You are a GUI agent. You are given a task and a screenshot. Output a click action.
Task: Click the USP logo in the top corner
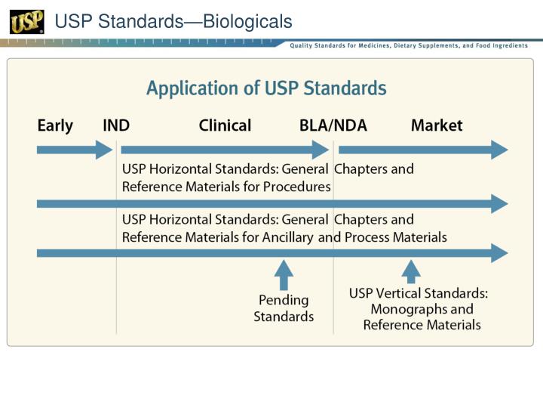(26, 22)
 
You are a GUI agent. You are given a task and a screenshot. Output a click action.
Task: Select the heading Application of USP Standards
(266, 88)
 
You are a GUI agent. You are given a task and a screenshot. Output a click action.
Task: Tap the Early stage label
(55, 125)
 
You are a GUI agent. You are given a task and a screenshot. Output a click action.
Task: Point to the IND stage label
(116, 125)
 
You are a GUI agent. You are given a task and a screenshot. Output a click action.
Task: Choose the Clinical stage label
(225, 125)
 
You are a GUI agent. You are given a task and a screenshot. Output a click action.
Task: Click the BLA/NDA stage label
(333, 125)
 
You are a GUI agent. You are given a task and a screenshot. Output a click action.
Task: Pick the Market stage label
(437, 125)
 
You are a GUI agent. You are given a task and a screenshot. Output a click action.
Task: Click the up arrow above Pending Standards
(284, 274)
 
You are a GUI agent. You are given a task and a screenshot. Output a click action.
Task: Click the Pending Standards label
(284, 308)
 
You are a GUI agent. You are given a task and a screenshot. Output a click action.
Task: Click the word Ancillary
(287, 236)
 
